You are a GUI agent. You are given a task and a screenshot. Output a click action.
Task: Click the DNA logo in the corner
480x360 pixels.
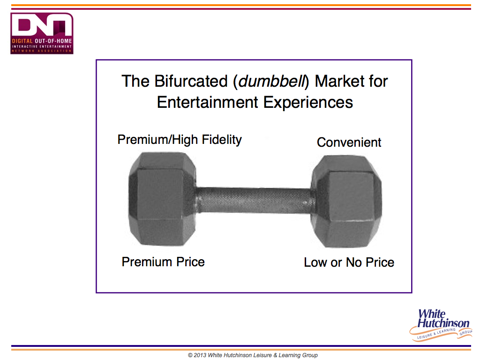42,33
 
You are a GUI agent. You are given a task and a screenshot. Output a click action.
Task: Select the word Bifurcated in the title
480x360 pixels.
191,82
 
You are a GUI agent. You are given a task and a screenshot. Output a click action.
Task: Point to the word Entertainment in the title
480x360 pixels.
208,102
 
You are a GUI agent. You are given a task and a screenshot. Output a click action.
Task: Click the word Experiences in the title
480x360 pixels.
308,103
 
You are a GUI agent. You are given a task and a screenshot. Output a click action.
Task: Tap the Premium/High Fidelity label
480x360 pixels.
180,140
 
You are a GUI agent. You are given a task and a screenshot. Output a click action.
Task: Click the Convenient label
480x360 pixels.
349,142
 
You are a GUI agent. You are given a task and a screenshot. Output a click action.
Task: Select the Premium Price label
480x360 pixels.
163,262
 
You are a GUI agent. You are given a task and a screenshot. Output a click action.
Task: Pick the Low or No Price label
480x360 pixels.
349,262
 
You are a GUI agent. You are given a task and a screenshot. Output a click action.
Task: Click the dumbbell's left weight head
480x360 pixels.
162,199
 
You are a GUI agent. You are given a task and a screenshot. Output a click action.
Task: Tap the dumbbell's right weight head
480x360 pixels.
346,202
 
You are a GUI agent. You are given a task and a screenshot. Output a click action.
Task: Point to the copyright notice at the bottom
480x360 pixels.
253,355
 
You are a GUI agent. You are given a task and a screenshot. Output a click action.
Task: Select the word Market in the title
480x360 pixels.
340,82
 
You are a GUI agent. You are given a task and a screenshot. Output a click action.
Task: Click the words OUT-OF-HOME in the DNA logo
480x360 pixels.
53,41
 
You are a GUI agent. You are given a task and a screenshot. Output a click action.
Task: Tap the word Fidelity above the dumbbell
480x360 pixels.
222,140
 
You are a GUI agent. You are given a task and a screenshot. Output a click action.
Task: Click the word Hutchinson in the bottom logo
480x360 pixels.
443,323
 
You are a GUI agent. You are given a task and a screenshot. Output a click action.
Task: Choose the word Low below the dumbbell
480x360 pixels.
315,262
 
